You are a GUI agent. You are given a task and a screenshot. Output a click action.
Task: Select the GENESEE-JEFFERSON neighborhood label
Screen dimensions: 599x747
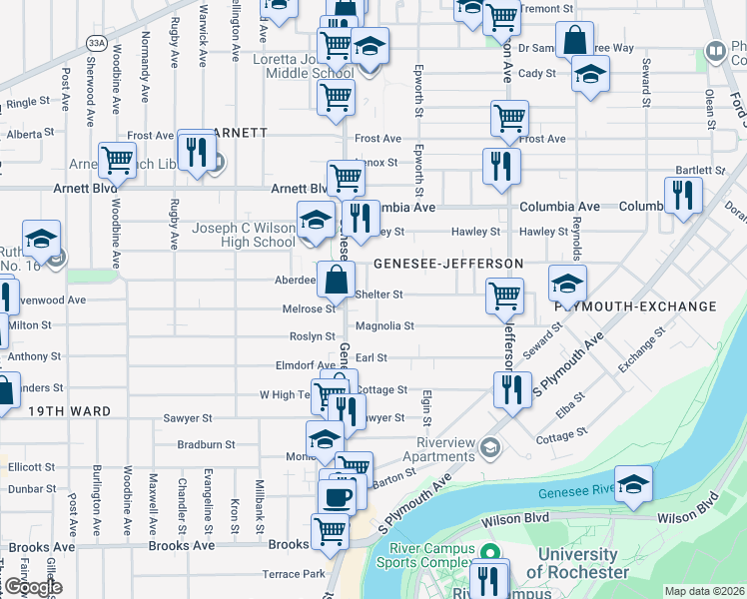448,263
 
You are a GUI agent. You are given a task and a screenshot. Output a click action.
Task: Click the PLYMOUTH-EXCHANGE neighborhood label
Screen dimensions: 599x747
649,306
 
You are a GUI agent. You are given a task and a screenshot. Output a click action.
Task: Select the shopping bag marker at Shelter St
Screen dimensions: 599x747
336,279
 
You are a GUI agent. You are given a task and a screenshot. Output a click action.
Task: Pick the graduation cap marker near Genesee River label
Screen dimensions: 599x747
632,484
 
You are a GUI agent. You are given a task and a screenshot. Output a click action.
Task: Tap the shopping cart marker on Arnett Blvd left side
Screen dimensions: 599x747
118,159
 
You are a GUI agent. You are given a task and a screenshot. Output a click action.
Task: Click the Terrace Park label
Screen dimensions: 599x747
294,574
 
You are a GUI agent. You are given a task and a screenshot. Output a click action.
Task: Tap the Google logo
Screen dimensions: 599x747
33,587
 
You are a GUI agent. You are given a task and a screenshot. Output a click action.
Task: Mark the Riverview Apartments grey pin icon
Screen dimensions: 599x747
489,446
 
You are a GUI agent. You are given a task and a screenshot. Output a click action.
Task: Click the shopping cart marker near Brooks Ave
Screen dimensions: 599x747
329,530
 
